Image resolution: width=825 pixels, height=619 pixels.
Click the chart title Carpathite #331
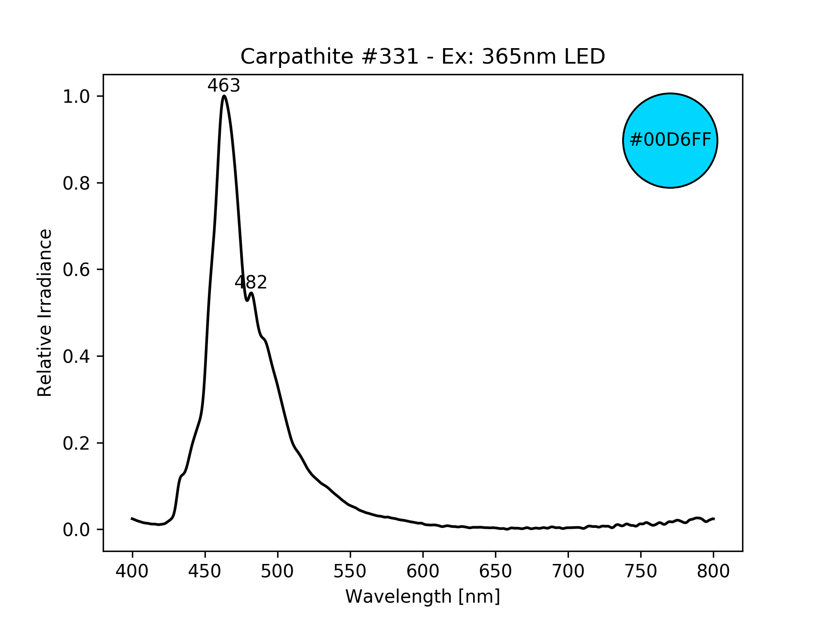pos(422,57)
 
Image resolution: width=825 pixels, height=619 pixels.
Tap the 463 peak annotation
pos(224,86)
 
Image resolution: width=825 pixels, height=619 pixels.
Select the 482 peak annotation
pos(251,282)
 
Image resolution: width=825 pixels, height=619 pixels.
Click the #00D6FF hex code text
pos(670,140)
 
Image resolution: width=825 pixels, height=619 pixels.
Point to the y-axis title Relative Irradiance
pos(45,313)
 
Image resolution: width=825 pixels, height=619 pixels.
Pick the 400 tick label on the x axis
pos(132,571)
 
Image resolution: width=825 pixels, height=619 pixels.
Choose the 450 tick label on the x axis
pos(205,571)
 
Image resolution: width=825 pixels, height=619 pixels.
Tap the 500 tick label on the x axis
pos(278,571)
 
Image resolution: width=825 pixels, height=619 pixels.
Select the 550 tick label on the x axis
pos(350,571)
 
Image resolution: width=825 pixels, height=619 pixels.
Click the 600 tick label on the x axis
pos(423,571)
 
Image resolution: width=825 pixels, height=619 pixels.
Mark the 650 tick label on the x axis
pos(495,571)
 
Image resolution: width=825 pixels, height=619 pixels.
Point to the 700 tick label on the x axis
pos(568,571)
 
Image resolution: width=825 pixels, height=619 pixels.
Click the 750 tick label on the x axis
pos(641,571)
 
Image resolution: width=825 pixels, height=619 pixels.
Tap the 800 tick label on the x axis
pos(713,571)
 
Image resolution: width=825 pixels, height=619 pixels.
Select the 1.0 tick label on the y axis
pos(76,97)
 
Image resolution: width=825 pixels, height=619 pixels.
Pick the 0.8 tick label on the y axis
pos(76,184)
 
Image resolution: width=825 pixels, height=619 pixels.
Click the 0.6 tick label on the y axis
pos(76,270)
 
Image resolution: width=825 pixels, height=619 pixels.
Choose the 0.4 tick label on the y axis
pos(76,357)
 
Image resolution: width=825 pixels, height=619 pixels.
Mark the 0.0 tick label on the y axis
pos(76,530)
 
